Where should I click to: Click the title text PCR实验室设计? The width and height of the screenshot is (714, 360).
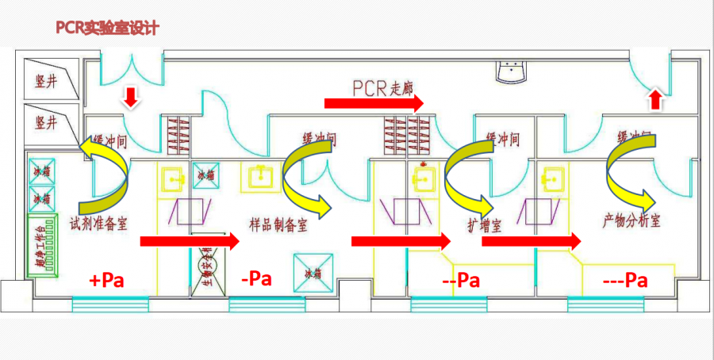pos(107,28)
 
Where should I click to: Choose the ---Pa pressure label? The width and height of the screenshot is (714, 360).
pos(625,280)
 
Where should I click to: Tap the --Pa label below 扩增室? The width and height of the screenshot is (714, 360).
pos(461,280)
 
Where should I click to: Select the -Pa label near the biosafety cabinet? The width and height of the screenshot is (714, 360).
pos(255,279)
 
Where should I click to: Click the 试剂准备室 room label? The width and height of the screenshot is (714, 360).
pos(99,223)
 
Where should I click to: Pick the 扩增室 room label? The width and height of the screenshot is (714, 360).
pos(485,224)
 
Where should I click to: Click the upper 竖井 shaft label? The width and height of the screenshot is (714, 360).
pos(46,82)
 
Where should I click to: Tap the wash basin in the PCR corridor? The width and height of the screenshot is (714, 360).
pos(513,71)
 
